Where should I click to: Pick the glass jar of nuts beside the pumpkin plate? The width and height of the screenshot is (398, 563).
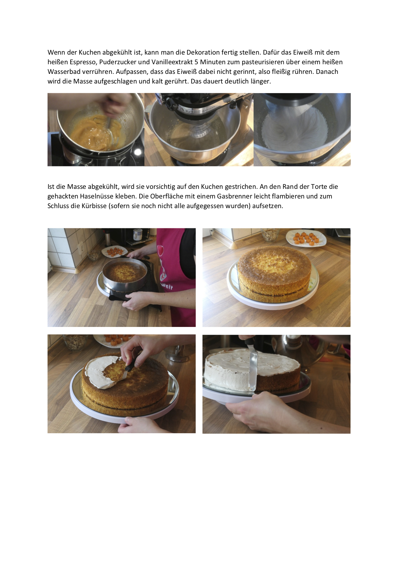pos(270,235)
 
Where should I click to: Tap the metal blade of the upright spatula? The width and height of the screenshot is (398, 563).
pos(253,369)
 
